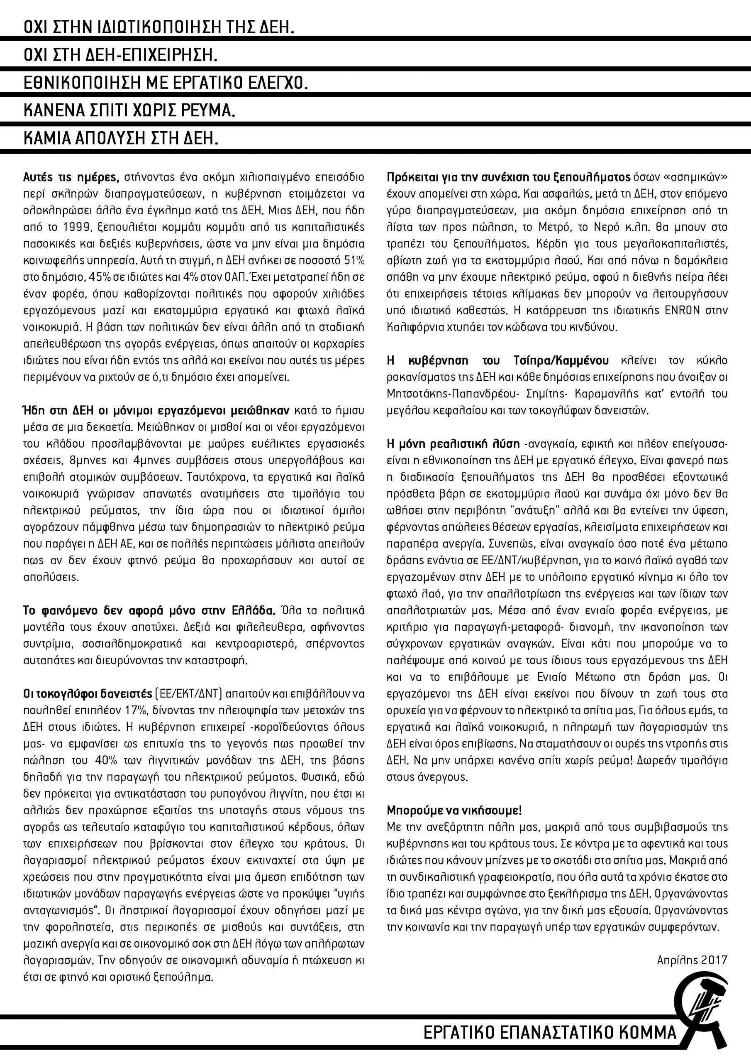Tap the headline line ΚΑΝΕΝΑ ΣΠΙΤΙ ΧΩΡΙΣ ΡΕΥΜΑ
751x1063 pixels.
[129, 112]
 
